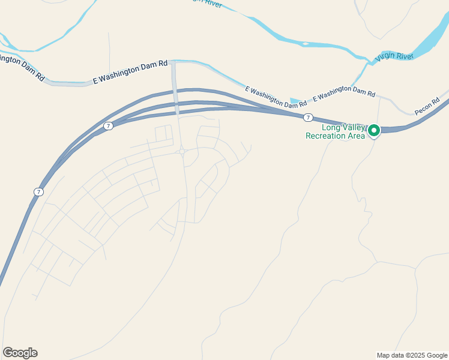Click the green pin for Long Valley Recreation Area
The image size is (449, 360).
pyautogui.click(x=374, y=130)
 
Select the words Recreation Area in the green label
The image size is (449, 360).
pyautogui.click(x=335, y=136)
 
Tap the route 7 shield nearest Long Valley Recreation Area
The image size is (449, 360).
pyautogui.click(x=308, y=117)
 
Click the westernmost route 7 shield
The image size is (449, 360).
pyautogui.click(x=38, y=191)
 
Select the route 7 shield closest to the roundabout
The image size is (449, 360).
pyautogui.click(x=108, y=125)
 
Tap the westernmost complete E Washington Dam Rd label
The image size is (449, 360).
pyautogui.click(x=130, y=71)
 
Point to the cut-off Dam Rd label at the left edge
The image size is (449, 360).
pyautogui.click(x=22, y=68)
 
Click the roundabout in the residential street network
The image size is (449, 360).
pyautogui.click(x=182, y=152)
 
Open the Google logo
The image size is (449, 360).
pyautogui.click(x=20, y=353)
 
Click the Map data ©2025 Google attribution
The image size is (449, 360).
pyautogui.click(x=412, y=355)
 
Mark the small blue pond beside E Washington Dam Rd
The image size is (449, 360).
pyautogui.click(x=295, y=101)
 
